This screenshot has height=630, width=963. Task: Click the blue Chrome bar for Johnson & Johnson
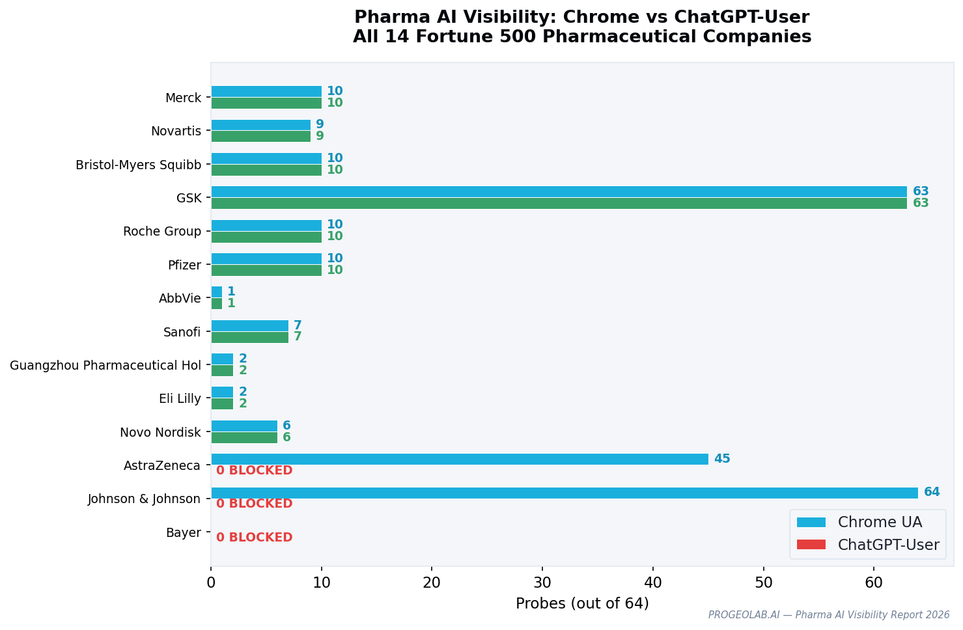pyautogui.click(x=564, y=493)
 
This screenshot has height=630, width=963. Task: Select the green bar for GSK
pyautogui.click(x=559, y=203)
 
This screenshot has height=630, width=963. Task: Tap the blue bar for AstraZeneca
pyautogui.click(x=460, y=459)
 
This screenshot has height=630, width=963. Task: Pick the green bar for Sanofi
pyautogui.click(x=249, y=337)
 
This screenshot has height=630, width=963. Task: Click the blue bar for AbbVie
pyautogui.click(x=217, y=292)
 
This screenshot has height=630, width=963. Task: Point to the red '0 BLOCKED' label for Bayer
pyautogui.click(x=254, y=538)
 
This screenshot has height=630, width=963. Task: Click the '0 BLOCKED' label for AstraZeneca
pyautogui.click(x=254, y=471)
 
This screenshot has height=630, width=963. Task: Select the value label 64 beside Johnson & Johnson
pyautogui.click(x=932, y=492)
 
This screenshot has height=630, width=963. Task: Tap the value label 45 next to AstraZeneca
pyautogui.click(x=722, y=459)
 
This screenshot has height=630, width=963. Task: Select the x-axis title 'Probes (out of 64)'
pyautogui.click(x=582, y=604)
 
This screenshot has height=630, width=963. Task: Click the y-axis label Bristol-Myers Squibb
pyautogui.click(x=139, y=165)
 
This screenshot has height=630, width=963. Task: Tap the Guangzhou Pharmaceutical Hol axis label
pyautogui.click(x=105, y=365)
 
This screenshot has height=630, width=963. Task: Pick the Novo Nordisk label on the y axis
pyautogui.click(x=160, y=432)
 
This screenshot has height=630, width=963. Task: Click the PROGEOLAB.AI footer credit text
pyautogui.click(x=828, y=615)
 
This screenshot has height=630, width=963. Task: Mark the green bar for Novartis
pyautogui.click(x=260, y=136)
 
